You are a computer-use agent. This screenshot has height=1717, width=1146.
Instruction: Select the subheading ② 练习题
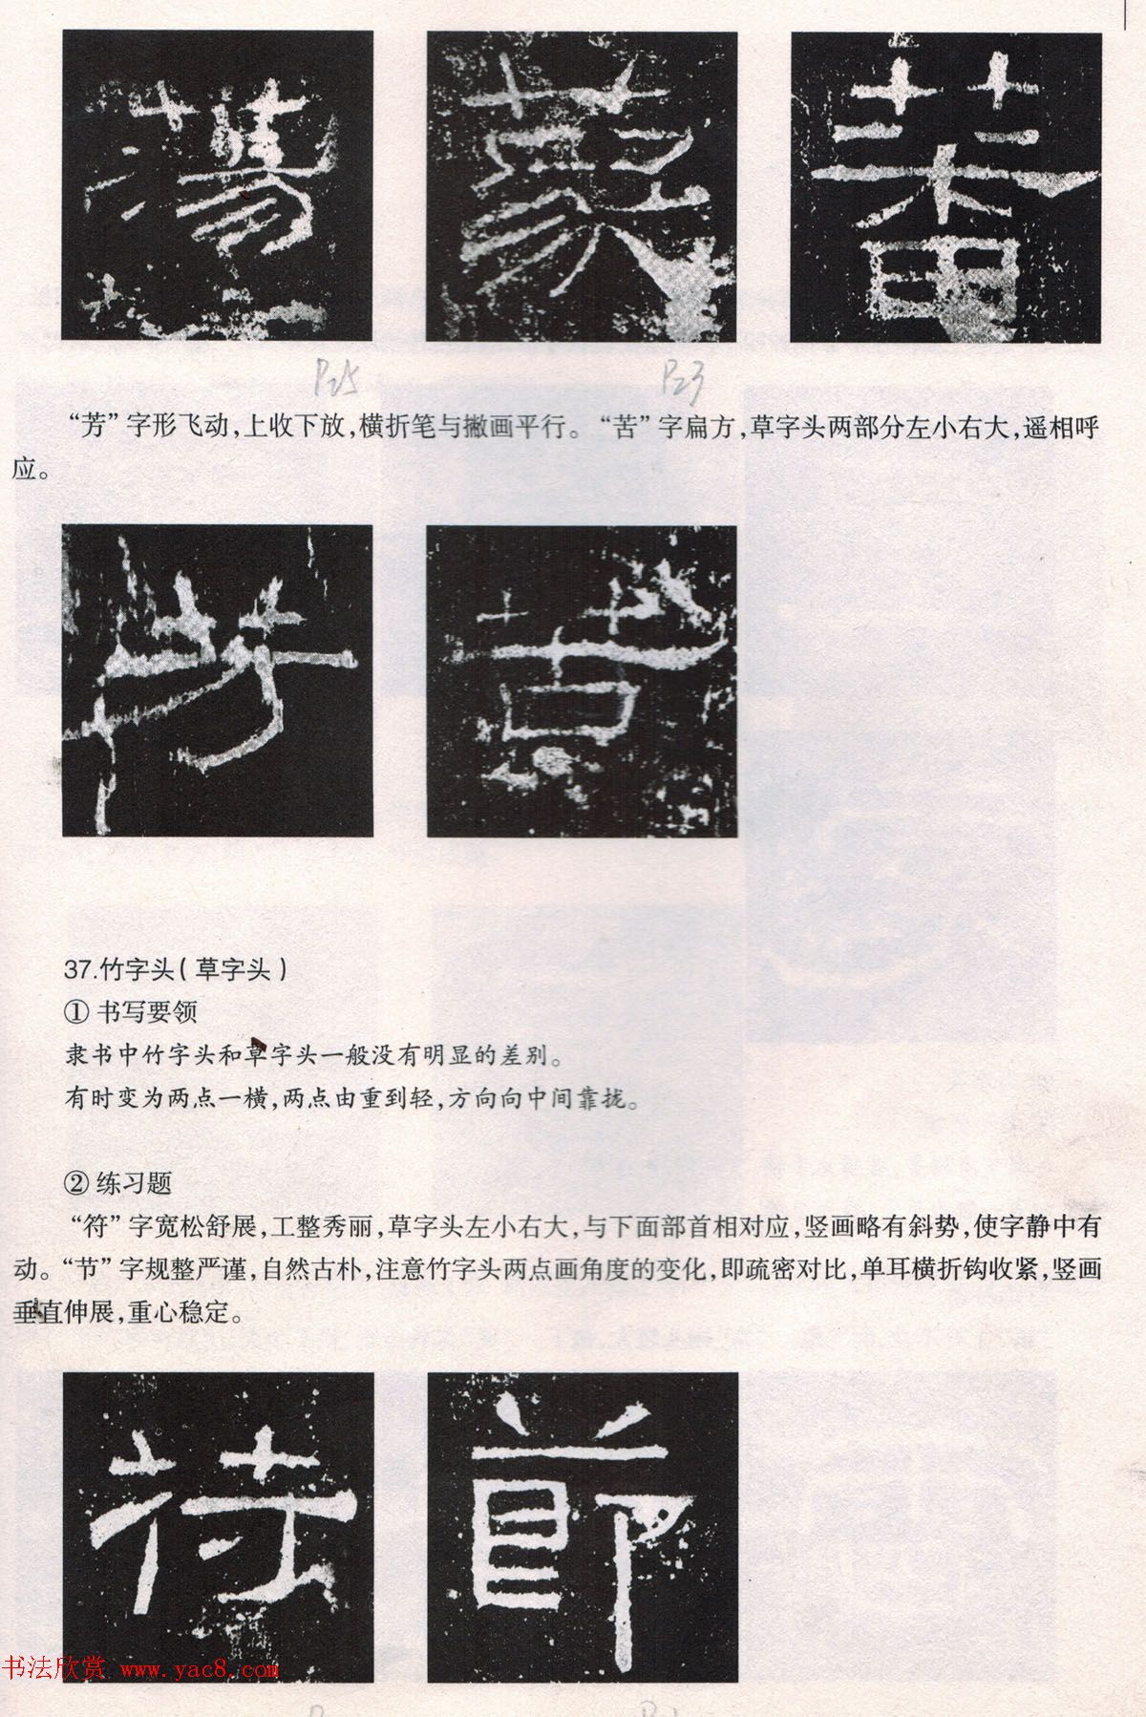pos(117,1183)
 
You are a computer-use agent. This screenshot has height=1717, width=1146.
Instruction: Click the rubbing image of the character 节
pos(583,1527)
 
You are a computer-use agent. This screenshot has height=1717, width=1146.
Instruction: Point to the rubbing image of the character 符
pos(218,1527)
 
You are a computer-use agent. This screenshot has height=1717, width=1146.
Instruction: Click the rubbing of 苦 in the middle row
pos(583,681)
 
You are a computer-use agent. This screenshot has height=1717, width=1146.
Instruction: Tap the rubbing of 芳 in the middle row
pos(218,681)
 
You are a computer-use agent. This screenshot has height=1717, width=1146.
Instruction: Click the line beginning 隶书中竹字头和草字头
pos(311,1056)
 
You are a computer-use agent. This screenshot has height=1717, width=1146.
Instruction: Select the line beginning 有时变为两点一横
pos(350,1099)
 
